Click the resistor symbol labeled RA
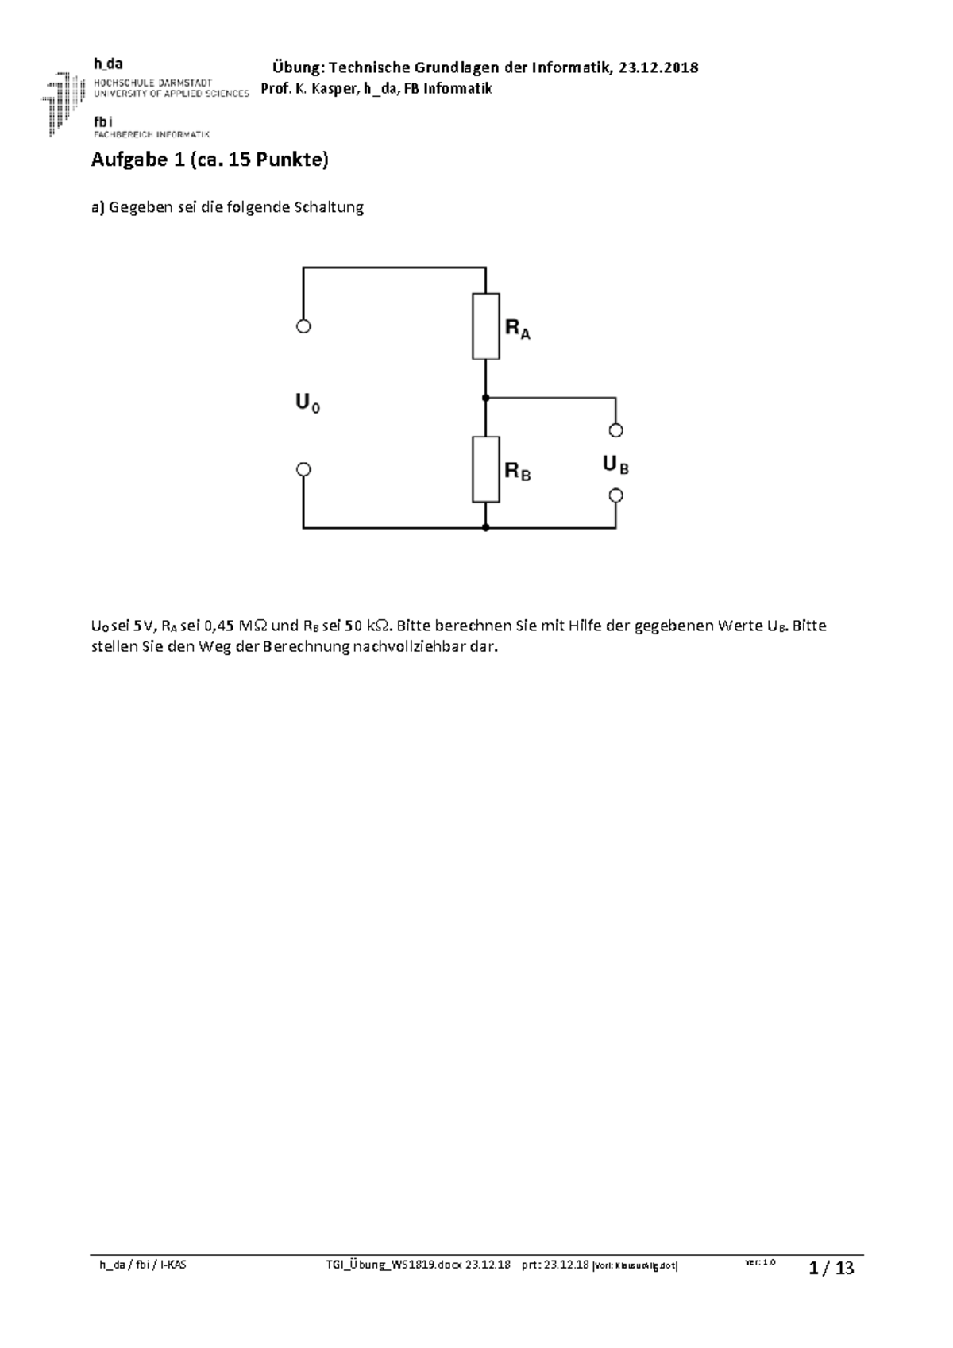(x=485, y=326)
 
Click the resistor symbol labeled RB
(x=485, y=469)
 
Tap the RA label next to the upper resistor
(x=518, y=329)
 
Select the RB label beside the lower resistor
(x=518, y=472)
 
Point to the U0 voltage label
(x=308, y=404)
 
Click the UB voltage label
(x=615, y=464)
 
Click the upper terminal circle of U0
(x=303, y=326)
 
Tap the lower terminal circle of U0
(x=303, y=470)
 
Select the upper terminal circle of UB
(x=615, y=430)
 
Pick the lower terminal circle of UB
(x=615, y=495)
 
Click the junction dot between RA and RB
(x=485, y=398)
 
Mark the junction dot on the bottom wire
(x=485, y=527)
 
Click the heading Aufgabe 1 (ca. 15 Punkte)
(x=210, y=160)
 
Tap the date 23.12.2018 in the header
(x=658, y=67)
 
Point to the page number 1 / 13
(x=831, y=1268)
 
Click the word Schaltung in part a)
(x=329, y=208)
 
